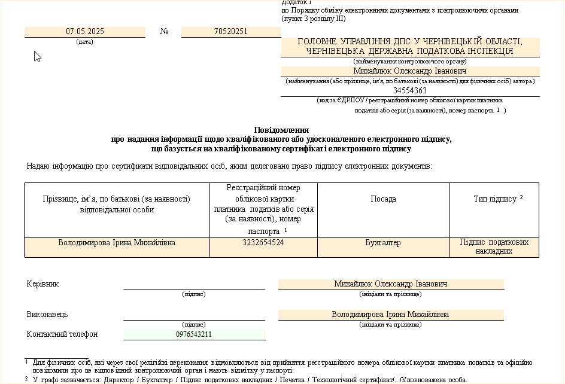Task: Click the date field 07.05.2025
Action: (84, 32)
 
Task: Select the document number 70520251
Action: (230, 32)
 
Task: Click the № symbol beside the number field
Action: (165, 32)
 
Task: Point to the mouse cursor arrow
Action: (37, 56)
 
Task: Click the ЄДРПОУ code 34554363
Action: (410, 91)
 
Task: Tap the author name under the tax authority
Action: (410, 71)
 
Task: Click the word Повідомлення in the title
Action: (281, 129)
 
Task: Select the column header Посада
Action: (383, 199)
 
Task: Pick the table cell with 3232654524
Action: (263, 243)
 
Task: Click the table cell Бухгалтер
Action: (383, 243)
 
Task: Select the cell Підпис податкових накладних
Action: (494, 247)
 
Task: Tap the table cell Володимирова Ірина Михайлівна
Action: (117, 243)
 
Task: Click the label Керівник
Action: (43, 284)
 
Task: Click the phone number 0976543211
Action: (194, 334)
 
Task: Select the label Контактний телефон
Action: (62, 334)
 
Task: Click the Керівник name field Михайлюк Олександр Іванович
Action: (390, 284)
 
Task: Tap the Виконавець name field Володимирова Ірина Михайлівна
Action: (390, 315)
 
